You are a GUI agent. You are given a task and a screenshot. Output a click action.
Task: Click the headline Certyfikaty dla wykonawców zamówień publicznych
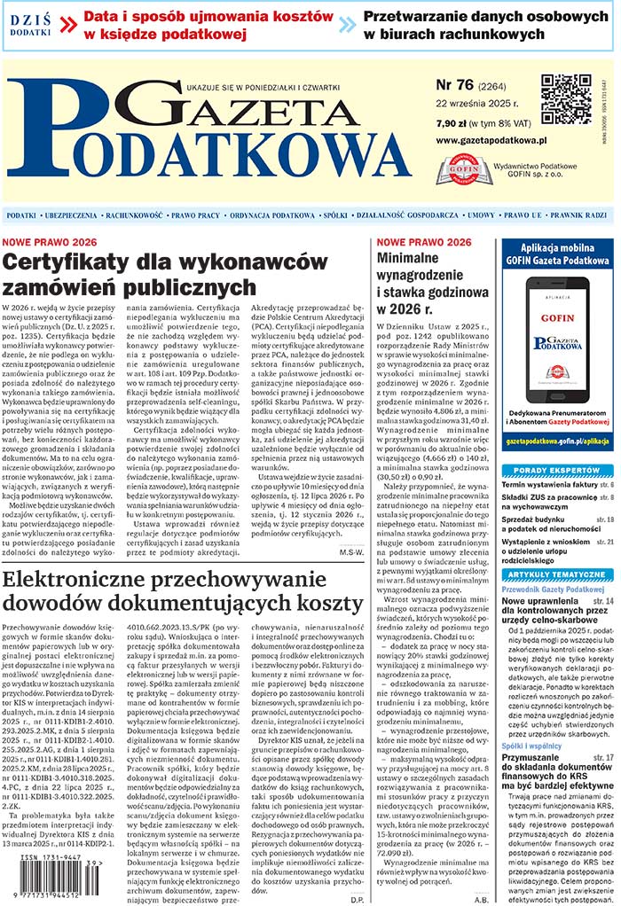(x=156, y=275)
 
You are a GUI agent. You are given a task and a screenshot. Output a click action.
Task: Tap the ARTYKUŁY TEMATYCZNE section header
(x=557, y=574)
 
